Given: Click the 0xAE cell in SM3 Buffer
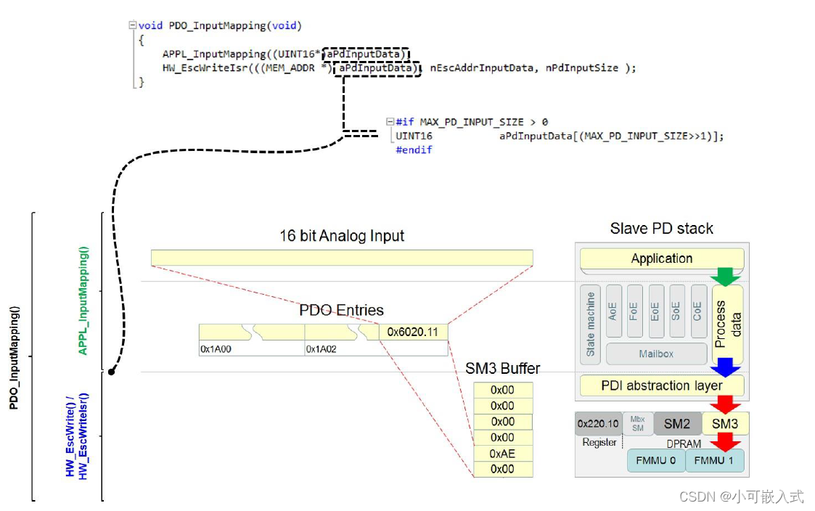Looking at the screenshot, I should tap(503, 454).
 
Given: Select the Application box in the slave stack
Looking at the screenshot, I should tap(661, 258).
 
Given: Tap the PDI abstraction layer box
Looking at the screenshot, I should tap(661, 385).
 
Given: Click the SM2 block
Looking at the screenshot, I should tap(676, 423).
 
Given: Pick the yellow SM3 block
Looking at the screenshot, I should tap(725, 423).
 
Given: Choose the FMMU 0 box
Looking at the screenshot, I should tap(656, 460).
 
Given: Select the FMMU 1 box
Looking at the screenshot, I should tap(716, 460).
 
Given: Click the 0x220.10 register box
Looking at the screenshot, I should tap(598, 423).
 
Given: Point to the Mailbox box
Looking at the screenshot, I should tap(656, 354).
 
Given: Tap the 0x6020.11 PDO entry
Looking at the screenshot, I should tap(413, 332).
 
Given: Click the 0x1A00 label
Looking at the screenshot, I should tap(216, 349).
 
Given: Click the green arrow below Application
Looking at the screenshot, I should tap(726, 277).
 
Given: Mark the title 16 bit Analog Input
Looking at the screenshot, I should tap(342, 236).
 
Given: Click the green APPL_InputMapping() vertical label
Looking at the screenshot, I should tap(83, 301).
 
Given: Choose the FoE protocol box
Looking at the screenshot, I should tap(634, 313).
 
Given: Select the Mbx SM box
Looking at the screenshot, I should tap(637, 423).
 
